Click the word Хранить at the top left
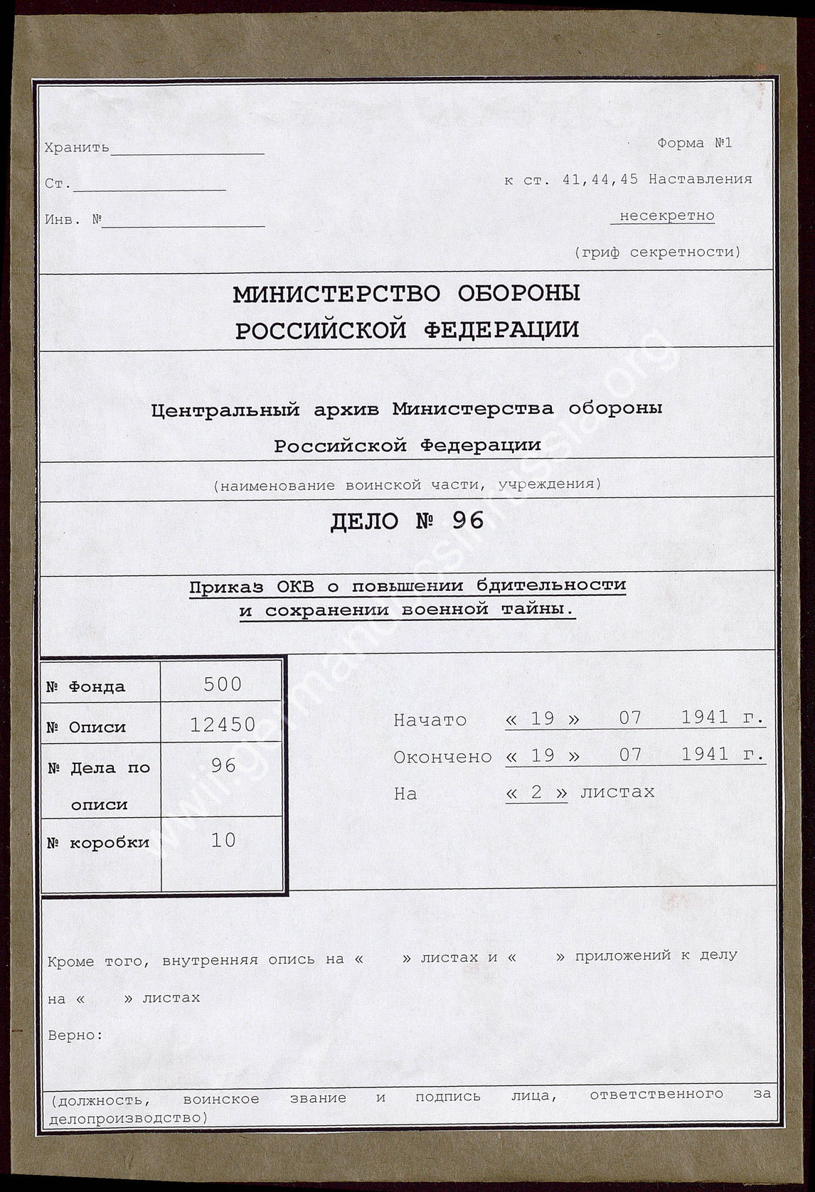click(77, 148)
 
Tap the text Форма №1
click(694, 143)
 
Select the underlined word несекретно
click(666, 215)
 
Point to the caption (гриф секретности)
click(657, 252)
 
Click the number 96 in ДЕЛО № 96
click(468, 521)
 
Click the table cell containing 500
click(223, 684)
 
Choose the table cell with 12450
click(223, 725)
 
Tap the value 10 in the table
click(223, 840)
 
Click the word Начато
click(430, 720)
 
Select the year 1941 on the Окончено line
click(704, 755)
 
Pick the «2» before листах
click(536, 792)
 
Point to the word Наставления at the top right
click(700, 179)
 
